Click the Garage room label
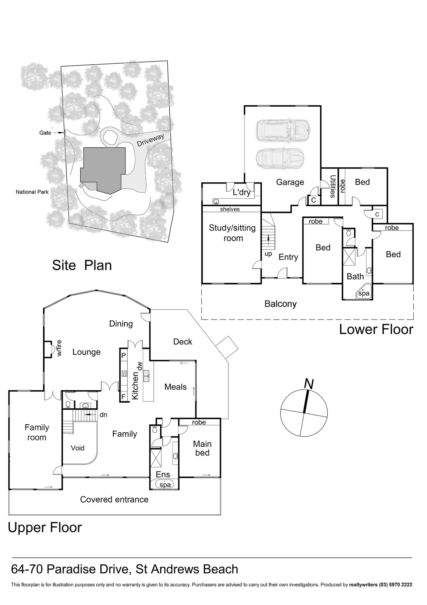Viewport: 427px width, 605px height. [290, 182]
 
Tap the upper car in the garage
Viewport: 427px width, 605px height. [283, 131]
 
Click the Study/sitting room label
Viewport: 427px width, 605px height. [232, 233]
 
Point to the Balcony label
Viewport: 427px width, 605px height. [281, 304]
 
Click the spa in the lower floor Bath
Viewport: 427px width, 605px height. [363, 293]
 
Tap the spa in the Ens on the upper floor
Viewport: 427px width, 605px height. [165, 484]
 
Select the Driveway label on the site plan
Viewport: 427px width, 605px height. [150, 140]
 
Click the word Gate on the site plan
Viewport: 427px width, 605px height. [45, 133]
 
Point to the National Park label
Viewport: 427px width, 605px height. [32, 192]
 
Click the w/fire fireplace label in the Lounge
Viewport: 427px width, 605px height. [59, 348]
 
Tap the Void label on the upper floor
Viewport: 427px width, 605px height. [77, 448]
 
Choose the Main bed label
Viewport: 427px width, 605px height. [202, 448]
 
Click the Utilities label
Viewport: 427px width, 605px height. [333, 186]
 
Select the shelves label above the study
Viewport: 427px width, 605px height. [230, 209]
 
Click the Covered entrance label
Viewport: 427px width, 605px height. [114, 499]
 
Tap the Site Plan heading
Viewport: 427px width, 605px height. [82, 265]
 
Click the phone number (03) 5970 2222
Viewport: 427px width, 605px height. [396, 585]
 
